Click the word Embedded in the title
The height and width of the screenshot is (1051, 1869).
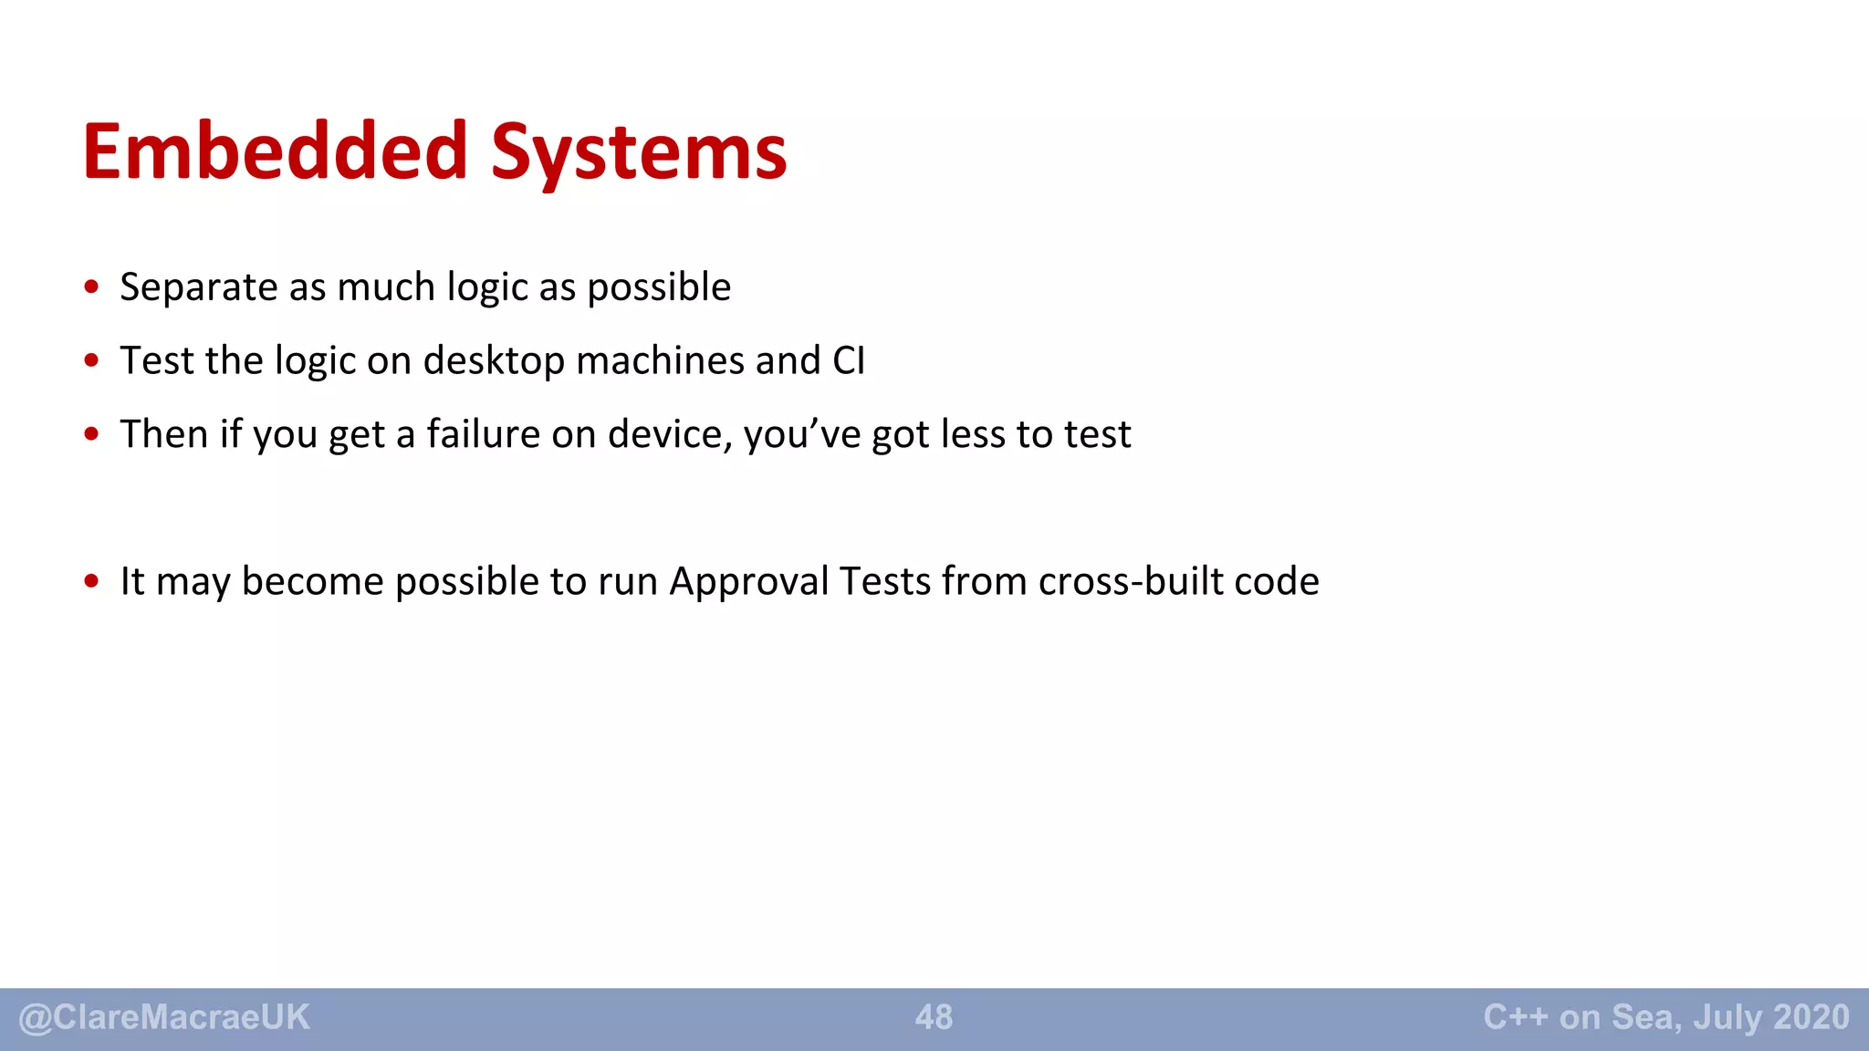(x=275, y=151)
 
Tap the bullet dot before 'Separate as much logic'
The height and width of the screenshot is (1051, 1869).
(x=91, y=287)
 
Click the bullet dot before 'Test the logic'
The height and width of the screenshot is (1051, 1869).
(x=91, y=361)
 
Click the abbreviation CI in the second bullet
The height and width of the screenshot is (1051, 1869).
(x=849, y=361)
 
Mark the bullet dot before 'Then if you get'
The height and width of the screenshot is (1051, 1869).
(x=91, y=434)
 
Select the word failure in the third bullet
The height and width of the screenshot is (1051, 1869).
(x=483, y=434)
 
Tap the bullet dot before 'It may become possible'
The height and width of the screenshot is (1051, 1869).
(x=91, y=581)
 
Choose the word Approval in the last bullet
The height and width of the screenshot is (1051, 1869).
(x=748, y=582)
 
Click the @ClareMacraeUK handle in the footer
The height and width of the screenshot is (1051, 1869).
(x=164, y=1017)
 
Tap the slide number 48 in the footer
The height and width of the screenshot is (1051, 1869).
(x=934, y=1017)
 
